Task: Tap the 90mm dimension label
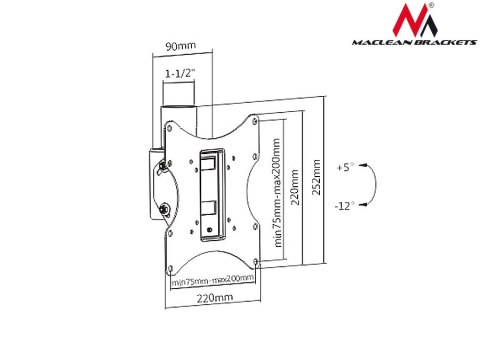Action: pyautogui.click(x=180, y=45)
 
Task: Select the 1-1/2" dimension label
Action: pyautogui.click(x=181, y=72)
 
